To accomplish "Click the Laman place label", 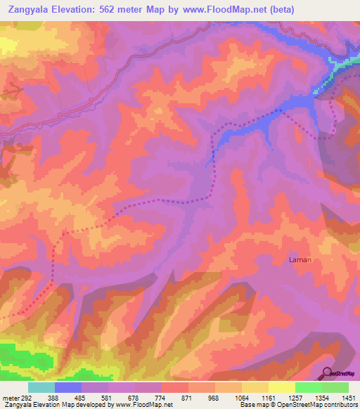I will click(x=300, y=259).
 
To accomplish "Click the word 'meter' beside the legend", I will click(x=11, y=398).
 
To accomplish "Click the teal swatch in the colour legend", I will click(x=41, y=387).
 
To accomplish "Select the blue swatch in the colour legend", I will click(x=68, y=387).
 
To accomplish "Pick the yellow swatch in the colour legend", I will click(x=281, y=387).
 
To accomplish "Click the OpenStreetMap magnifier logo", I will click(x=327, y=373).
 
